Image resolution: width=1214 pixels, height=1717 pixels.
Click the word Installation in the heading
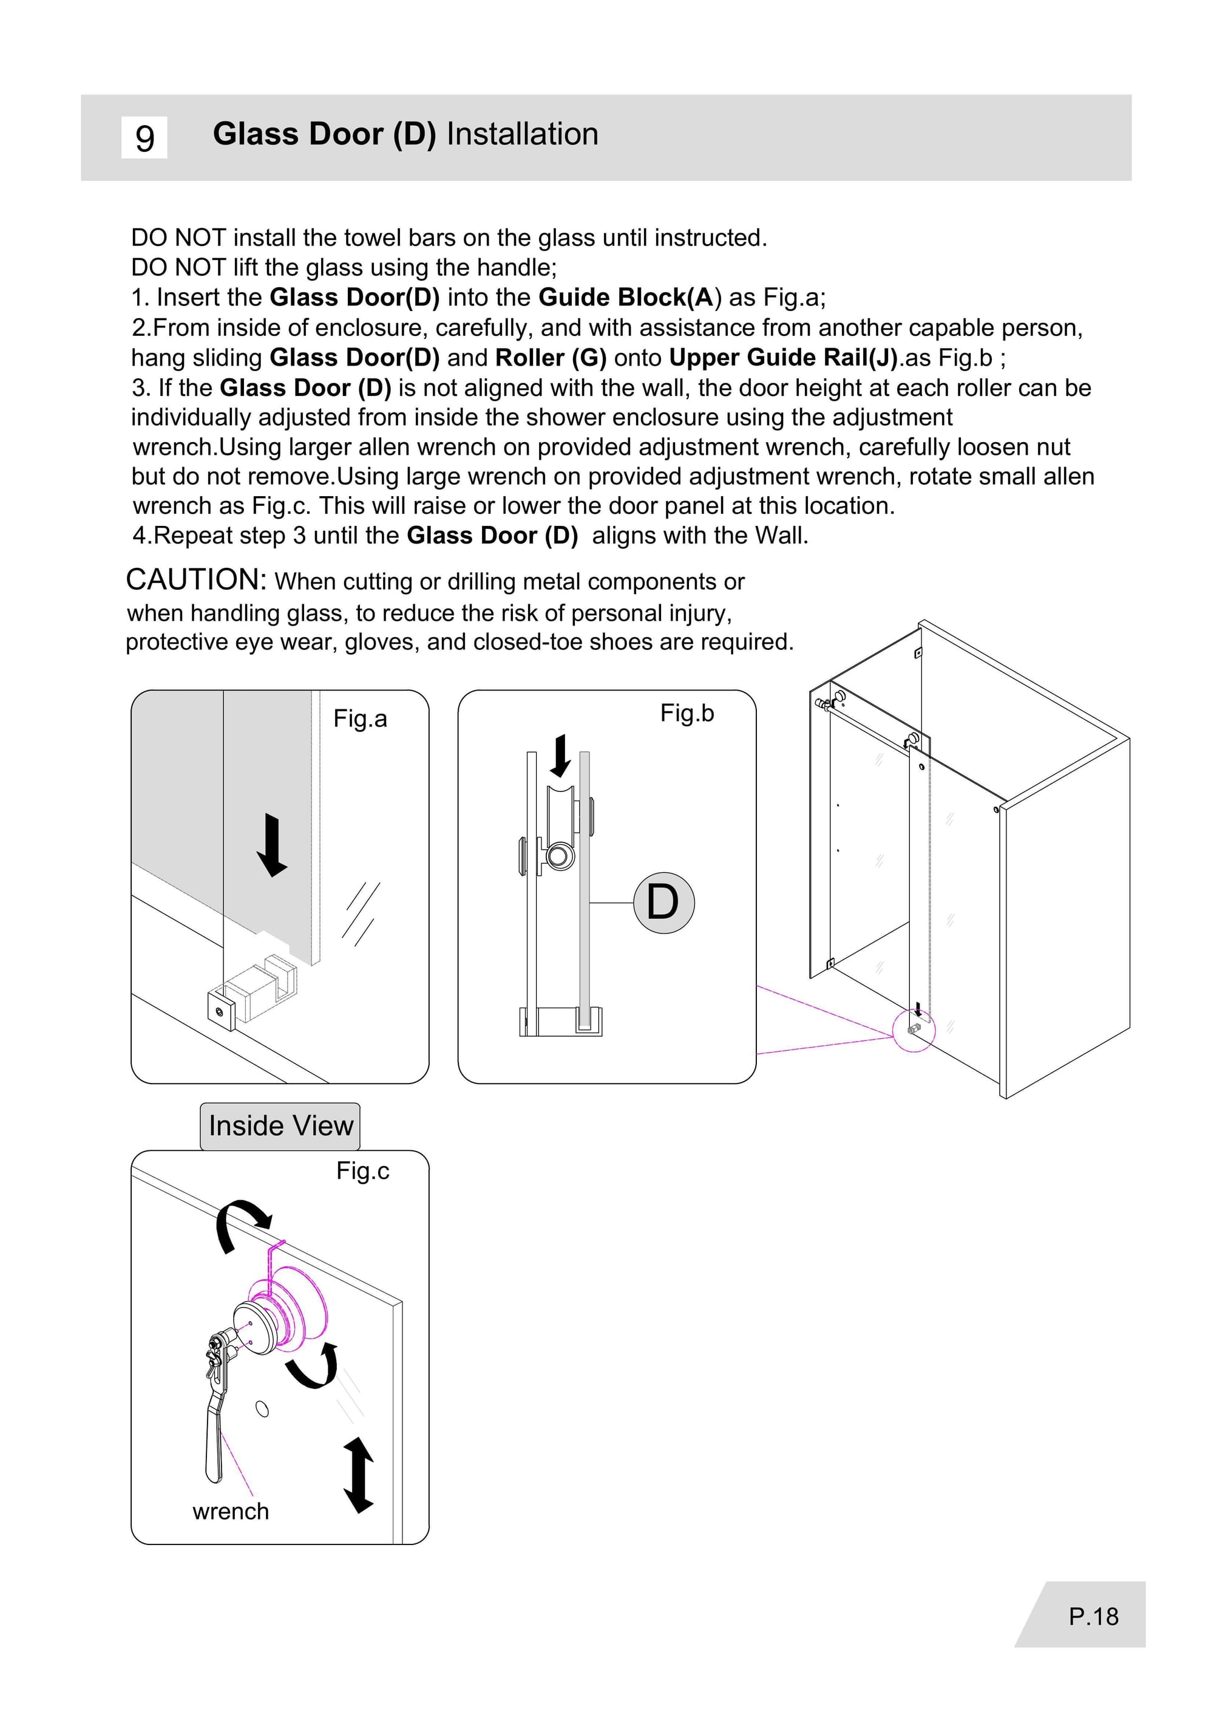[522, 135]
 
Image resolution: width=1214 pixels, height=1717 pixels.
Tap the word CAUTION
[196, 579]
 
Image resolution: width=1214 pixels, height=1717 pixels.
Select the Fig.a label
[361, 719]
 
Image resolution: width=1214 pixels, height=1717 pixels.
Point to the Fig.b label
[687, 714]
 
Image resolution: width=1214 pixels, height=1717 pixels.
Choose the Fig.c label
[362, 1170]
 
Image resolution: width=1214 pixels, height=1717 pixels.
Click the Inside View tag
[280, 1125]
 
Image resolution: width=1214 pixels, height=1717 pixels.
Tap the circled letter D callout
[663, 903]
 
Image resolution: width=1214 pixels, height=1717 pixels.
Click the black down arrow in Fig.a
[271, 845]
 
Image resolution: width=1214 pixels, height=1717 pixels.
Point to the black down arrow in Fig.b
[560, 756]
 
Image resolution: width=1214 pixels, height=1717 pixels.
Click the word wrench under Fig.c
[230, 1511]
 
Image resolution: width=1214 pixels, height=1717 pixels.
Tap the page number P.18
[1093, 1616]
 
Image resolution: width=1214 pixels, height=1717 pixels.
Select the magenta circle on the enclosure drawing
[914, 1031]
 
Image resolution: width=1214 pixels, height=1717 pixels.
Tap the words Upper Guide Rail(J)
[782, 358]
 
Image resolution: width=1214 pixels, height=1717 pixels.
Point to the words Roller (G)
[550, 358]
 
